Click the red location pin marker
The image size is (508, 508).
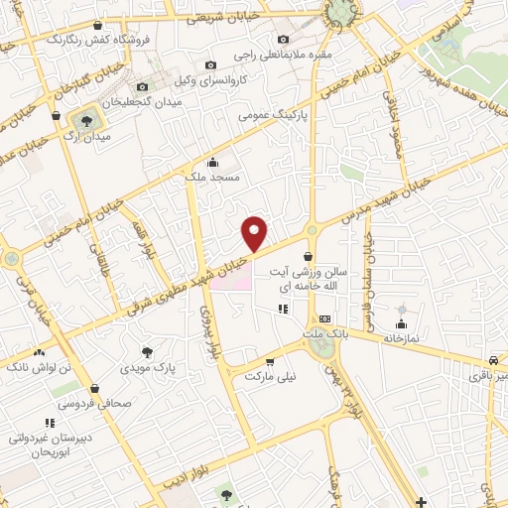pyautogui.click(x=255, y=233)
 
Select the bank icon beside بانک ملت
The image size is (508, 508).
pyautogui.click(x=325, y=318)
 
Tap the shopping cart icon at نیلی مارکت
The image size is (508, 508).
pyautogui.click(x=270, y=362)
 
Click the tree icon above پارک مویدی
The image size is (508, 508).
pyautogui.click(x=148, y=351)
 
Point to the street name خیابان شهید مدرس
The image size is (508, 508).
pyautogui.click(x=383, y=199)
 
